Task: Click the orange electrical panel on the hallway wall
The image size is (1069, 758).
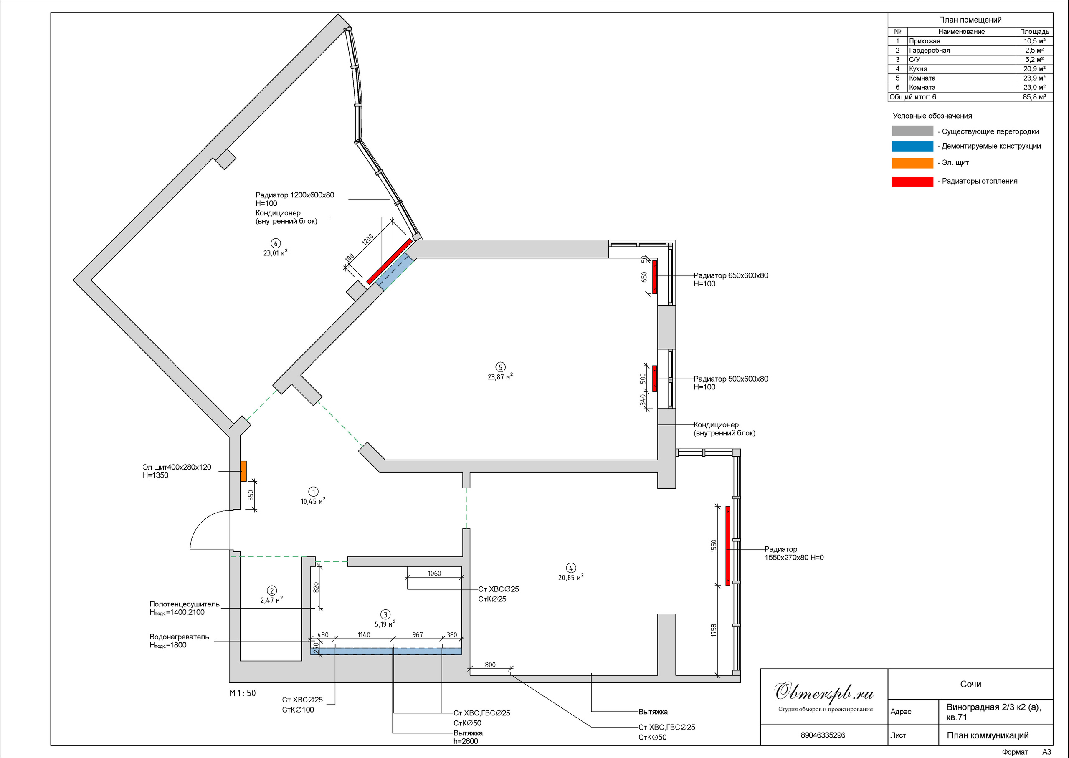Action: point(243,471)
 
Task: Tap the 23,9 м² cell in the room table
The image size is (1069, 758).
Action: point(1034,78)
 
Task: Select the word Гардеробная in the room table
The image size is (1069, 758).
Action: point(930,51)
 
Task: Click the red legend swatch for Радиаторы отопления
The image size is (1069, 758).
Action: point(912,182)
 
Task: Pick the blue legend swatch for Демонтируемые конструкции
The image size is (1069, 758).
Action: point(912,146)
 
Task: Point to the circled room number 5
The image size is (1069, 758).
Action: point(500,367)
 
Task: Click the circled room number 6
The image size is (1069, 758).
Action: point(276,243)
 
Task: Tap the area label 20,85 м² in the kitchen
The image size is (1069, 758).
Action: point(570,577)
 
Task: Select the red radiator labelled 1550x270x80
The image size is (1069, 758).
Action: point(728,546)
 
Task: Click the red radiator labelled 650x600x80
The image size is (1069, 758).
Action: point(654,277)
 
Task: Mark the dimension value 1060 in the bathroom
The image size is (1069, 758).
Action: point(434,573)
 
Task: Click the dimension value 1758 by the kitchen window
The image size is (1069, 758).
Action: point(713,630)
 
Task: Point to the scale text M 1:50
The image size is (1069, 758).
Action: point(243,693)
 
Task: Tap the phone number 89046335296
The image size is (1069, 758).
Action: point(823,735)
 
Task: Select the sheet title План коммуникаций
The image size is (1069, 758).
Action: point(988,735)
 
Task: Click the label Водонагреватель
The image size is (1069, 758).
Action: point(179,637)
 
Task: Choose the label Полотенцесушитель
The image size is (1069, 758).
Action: point(185,604)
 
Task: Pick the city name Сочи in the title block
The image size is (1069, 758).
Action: point(970,684)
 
